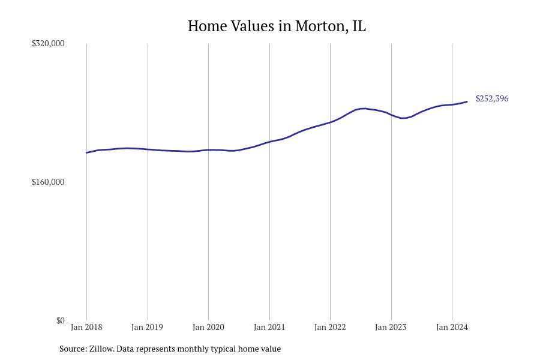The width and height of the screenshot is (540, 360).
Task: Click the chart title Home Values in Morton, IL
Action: click(x=277, y=26)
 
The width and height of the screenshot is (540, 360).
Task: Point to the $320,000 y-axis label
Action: click(x=48, y=43)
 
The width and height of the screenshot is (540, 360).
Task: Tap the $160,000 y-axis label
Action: click(x=48, y=182)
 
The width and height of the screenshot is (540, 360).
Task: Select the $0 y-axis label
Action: click(x=60, y=320)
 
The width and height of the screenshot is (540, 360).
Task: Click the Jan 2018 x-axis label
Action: click(x=86, y=327)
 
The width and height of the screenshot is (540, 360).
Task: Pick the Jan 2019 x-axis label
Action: click(x=147, y=327)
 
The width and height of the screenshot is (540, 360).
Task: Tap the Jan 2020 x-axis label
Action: click(x=208, y=327)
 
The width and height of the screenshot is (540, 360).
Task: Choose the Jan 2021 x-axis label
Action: click(x=269, y=327)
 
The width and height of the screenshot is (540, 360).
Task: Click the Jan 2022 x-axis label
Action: click(x=330, y=327)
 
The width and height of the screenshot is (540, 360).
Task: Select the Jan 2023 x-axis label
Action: click(x=391, y=327)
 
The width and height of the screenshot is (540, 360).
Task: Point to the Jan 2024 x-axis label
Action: click(x=452, y=327)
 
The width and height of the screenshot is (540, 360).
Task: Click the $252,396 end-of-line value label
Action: click(x=492, y=98)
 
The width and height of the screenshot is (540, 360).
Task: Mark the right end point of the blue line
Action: click(x=467, y=101)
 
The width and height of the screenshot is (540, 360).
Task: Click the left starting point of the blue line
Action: click(x=86, y=152)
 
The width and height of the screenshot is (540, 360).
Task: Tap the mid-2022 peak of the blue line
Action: click(x=364, y=108)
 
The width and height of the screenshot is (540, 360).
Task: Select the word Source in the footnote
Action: click(x=73, y=349)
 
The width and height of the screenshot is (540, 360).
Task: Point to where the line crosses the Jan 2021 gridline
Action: click(x=269, y=142)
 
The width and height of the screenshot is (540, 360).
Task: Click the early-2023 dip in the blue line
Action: click(x=404, y=118)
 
